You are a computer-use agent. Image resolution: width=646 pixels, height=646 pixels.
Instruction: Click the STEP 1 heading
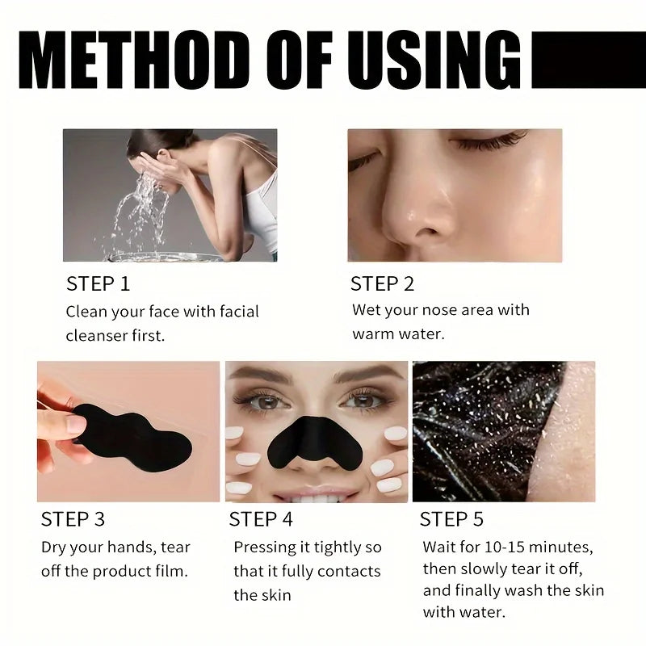[x=98, y=284]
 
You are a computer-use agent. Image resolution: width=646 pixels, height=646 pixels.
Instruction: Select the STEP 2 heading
[x=382, y=284]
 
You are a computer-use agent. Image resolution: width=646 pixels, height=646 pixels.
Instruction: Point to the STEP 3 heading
[x=73, y=519]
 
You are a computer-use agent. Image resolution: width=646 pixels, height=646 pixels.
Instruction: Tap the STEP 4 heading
[x=261, y=519]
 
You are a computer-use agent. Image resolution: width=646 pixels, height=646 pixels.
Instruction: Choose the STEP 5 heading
[x=451, y=519]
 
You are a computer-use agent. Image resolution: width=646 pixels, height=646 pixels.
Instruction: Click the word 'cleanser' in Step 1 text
[x=97, y=335]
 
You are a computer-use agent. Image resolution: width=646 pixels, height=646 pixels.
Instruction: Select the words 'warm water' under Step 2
[x=398, y=333]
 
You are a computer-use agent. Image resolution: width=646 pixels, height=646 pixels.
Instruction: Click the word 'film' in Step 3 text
[x=170, y=572]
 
